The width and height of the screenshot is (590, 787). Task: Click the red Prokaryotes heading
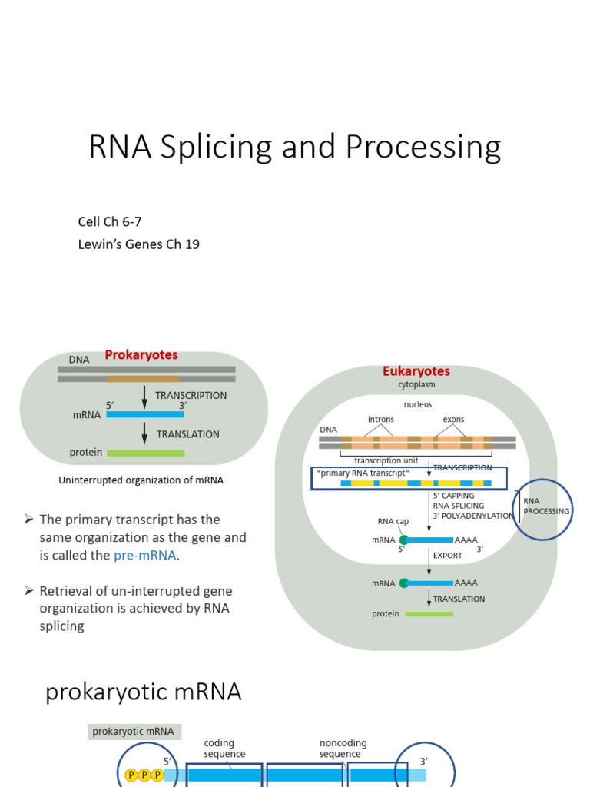[141, 355]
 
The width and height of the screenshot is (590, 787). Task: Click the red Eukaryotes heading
[416, 371]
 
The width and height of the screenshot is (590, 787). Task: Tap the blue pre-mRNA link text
[145, 555]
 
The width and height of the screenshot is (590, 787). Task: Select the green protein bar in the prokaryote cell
[145, 453]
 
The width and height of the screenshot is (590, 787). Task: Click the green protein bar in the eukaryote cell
[429, 614]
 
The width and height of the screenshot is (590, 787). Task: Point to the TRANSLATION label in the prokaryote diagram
[187, 434]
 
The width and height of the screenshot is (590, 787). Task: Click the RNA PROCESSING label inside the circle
[546, 506]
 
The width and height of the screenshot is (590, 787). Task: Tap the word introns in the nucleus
[380, 420]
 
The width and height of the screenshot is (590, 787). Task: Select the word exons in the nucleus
[453, 420]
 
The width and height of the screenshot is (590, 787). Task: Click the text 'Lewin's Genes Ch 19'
[139, 244]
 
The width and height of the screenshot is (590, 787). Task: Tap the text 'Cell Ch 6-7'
[110, 222]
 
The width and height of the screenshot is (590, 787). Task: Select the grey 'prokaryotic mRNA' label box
[134, 732]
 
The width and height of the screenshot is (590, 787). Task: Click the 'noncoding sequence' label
[343, 749]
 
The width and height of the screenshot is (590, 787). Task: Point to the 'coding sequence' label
[224, 749]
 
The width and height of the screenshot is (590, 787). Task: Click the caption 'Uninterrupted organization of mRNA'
[141, 480]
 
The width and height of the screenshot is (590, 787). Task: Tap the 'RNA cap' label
[392, 522]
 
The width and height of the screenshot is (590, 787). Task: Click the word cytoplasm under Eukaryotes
[416, 384]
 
